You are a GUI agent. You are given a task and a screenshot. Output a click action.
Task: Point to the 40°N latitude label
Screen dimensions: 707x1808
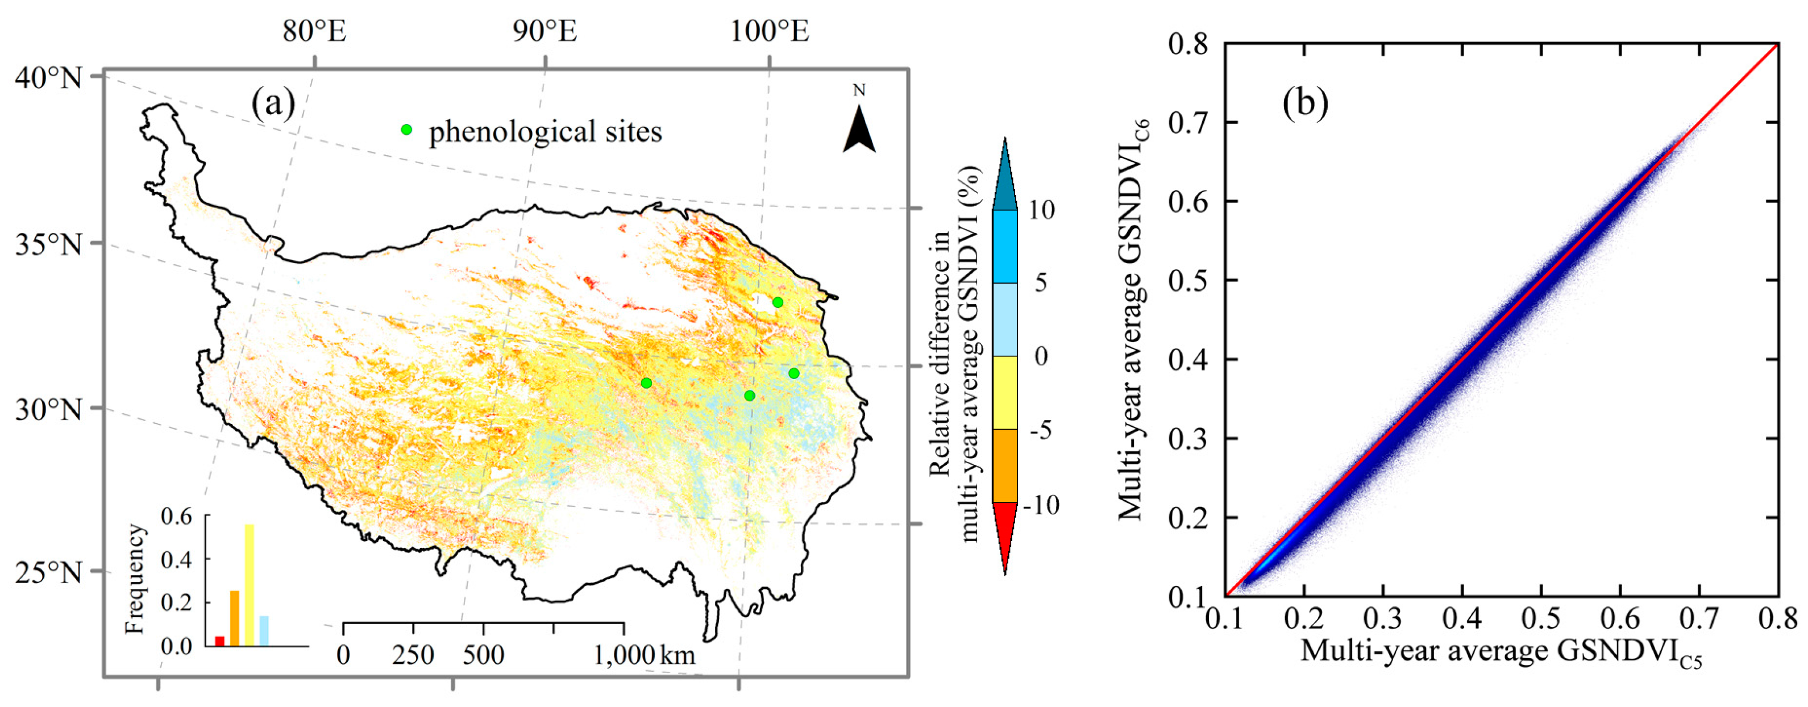click(48, 77)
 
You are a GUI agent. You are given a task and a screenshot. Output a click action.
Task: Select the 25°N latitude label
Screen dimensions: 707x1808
click(48, 573)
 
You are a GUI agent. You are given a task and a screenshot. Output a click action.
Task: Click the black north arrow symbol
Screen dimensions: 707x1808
click(859, 130)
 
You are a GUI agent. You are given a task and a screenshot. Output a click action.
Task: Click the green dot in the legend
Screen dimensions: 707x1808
click(406, 130)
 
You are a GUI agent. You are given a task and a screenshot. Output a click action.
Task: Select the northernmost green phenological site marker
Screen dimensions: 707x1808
click(778, 302)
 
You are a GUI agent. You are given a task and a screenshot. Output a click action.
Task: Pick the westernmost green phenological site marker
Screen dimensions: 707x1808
click(646, 382)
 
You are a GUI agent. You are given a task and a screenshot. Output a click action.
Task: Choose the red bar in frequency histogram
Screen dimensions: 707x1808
click(220, 641)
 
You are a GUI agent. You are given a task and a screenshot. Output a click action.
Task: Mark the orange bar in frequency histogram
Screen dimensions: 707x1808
click(234, 618)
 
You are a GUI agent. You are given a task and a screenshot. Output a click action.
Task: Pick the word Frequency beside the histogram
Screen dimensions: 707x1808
click(134, 579)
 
